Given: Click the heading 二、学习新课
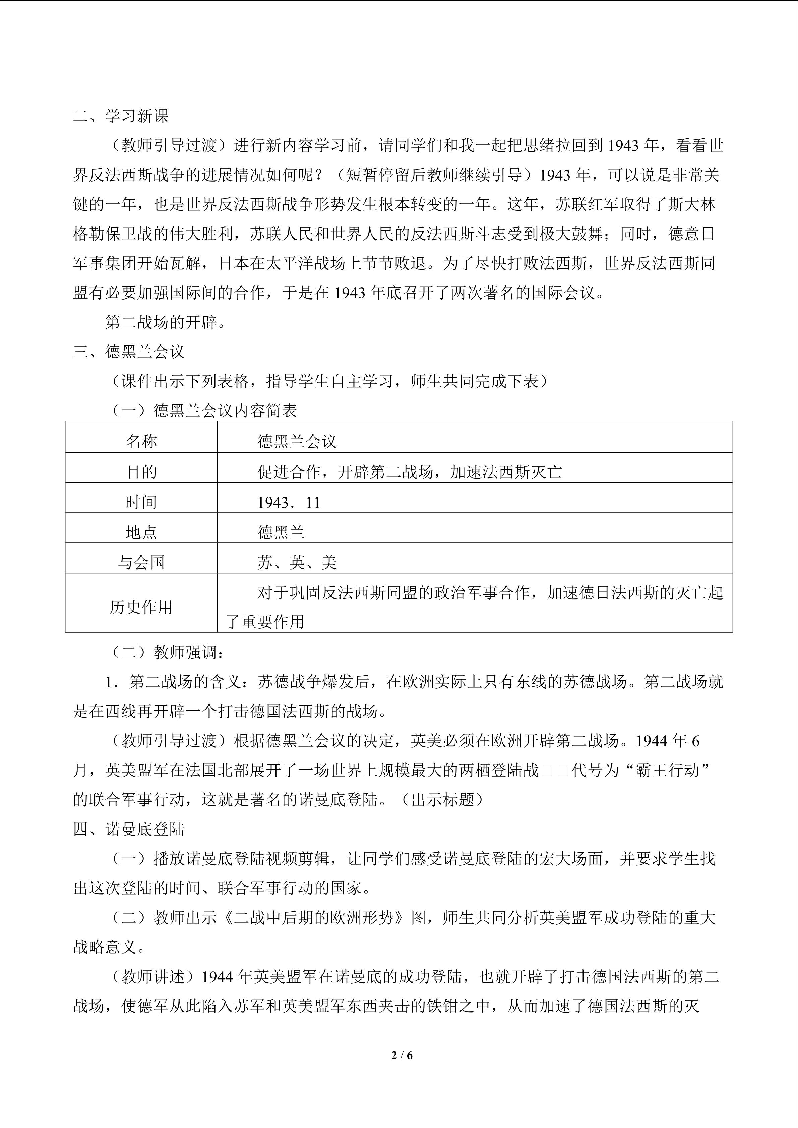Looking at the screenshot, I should (121, 116).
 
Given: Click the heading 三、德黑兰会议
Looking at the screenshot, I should (129, 352).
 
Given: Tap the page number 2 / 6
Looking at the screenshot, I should (402, 1055).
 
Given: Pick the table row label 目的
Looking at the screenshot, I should (141, 472).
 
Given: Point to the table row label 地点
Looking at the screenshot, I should (141, 532).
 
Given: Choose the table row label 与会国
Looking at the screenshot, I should (141, 562).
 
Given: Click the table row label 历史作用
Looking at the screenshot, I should (141, 607).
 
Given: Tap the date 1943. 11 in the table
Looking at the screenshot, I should (289, 502).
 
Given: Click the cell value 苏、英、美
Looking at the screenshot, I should (297, 562).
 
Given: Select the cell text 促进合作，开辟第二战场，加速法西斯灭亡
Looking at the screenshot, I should (409, 472).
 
